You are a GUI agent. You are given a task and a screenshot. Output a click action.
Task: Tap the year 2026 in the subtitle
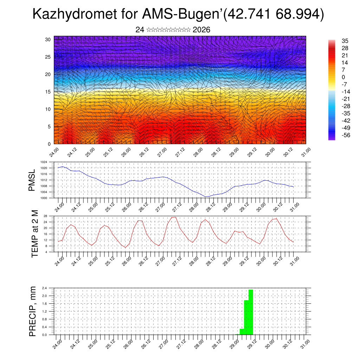(x=201, y=30)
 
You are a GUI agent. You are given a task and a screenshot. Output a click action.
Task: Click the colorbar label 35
(x=345, y=41)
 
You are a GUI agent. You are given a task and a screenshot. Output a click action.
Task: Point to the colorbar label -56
(x=346, y=135)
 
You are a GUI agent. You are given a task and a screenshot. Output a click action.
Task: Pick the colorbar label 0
(x=343, y=77)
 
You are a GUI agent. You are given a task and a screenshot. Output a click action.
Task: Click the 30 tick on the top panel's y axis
(x=47, y=39)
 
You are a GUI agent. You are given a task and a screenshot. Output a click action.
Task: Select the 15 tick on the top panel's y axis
(x=47, y=92)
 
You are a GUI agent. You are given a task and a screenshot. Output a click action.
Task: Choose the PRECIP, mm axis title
(x=33, y=311)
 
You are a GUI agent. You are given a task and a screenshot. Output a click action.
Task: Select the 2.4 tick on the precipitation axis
(x=44, y=288)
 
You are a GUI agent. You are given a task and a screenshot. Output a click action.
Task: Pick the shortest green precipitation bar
(x=242, y=332)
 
